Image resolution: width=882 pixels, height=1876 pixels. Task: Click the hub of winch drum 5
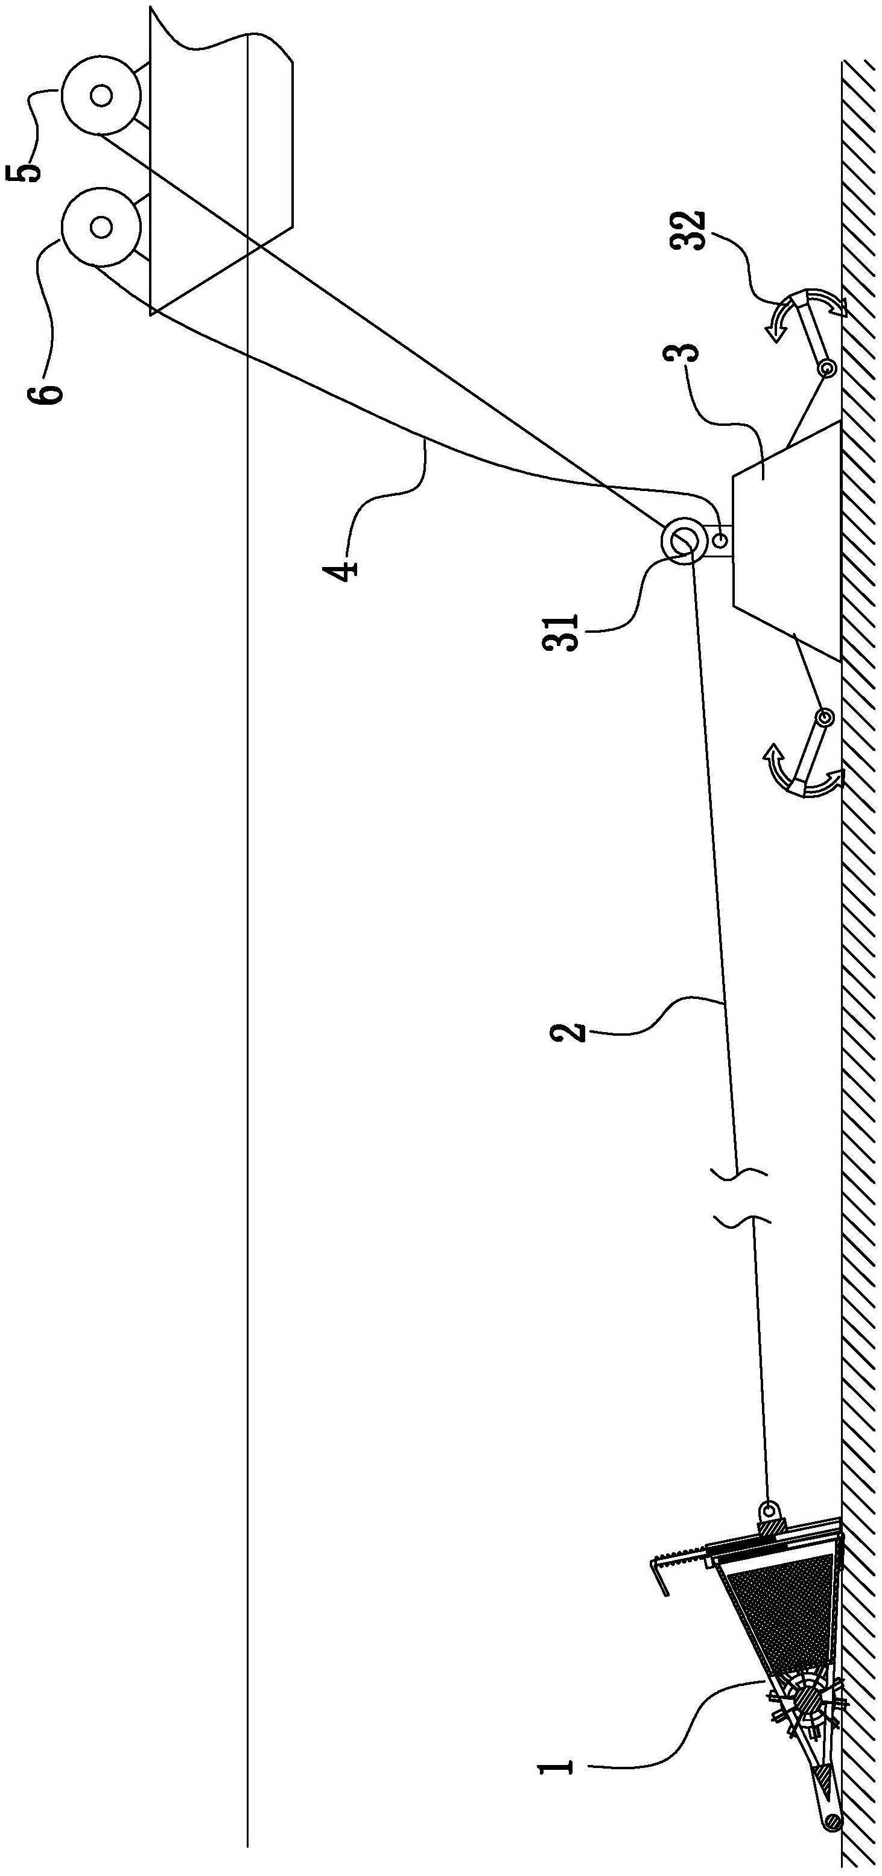point(101,95)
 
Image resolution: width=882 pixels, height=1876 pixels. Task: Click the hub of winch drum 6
point(101,226)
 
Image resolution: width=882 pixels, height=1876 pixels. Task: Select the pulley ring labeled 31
point(683,540)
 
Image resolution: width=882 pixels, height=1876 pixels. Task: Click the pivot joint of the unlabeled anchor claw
point(823,717)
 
